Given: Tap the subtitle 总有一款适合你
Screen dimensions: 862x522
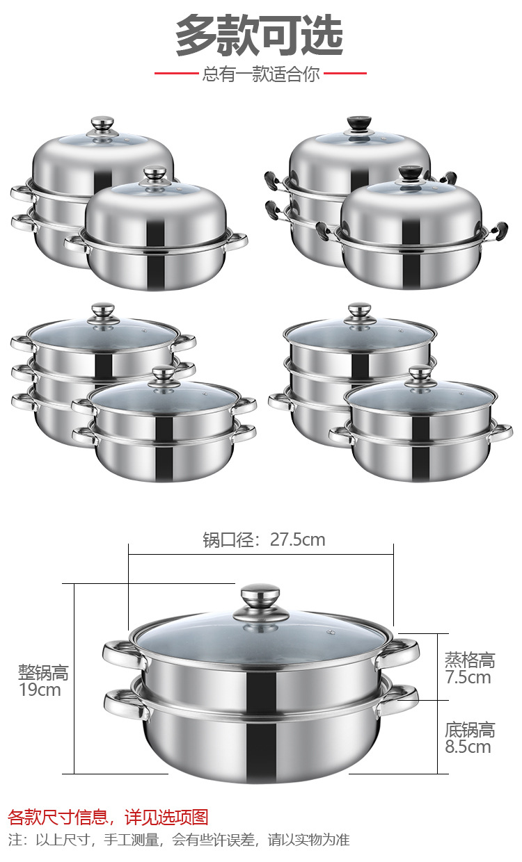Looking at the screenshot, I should tap(260, 74).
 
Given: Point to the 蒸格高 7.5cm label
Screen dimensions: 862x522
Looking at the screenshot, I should tap(469, 668).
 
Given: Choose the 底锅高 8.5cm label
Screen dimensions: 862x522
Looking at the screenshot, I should tap(469, 738).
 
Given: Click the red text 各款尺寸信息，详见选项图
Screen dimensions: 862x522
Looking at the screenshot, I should tap(108, 817).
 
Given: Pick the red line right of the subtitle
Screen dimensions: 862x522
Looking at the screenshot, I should tap(345, 73).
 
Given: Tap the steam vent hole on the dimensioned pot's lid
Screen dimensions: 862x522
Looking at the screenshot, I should tap(331, 633).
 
